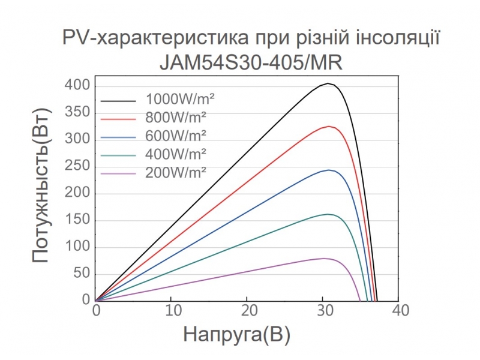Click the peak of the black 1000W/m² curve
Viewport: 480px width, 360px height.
coord(328,83)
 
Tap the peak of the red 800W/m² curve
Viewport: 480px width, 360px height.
coord(329,127)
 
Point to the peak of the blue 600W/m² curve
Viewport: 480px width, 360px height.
coord(329,170)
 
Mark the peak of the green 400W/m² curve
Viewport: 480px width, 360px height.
coord(328,214)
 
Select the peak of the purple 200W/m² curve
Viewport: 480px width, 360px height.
coord(324,258)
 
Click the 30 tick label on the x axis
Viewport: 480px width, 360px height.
coord(324,311)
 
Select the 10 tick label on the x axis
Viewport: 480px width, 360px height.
coord(172,311)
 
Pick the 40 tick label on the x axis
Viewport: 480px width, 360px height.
coord(400,311)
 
